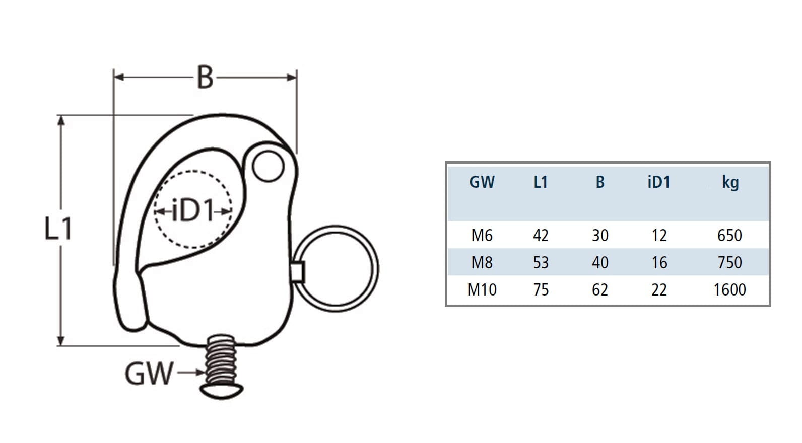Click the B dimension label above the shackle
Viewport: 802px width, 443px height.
click(x=205, y=78)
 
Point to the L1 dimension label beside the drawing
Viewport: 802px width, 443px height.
click(x=58, y=229)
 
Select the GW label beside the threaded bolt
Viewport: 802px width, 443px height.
click(x=149, y=374)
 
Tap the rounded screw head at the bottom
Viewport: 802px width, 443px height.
click(x=222, y=389)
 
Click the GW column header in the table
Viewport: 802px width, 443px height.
click(x=482, y=182)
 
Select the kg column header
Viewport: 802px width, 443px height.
click(x=729, y=182)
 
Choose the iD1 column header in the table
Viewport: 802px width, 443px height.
click(x=659, y=182)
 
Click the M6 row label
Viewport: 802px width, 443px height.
click(x=482, y=236)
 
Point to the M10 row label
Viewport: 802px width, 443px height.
click(x=482, y=290)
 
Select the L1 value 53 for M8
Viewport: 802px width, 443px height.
click(x=541, y=263)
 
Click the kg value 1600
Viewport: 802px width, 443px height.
click(x=729, y=290)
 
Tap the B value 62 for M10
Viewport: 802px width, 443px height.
click(x=600, y=290)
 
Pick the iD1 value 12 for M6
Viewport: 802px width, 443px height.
click(x=659, y=236)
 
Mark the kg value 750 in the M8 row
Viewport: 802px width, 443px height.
click(x=729, y=263)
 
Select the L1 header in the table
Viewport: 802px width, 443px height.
click(x=541, y=182)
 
